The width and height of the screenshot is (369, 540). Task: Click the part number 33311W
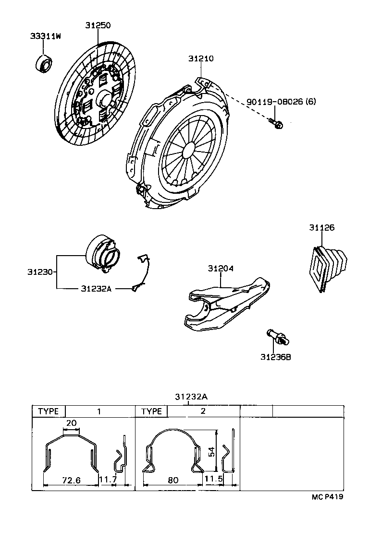[x=46, y=35]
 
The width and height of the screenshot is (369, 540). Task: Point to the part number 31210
[x=200, y=59]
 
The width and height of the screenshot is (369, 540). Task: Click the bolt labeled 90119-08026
[x=276, y=124]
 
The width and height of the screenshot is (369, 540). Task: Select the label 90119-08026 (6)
[x=281, y=102]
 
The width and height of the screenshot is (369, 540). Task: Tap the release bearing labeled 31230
[x=103, y=253]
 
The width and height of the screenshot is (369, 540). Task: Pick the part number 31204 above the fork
[x=221, y=269]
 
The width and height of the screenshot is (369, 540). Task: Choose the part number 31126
[x=321, y=228]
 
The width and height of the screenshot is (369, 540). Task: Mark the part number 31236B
[x=276, y=357]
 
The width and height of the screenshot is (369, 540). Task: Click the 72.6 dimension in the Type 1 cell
[x=71, y=479]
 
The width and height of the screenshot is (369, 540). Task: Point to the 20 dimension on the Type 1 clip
[x=71, y=423]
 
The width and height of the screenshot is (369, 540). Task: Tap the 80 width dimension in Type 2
[x=173, y=479]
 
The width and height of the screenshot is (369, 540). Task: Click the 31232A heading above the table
[x=191, y=397]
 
